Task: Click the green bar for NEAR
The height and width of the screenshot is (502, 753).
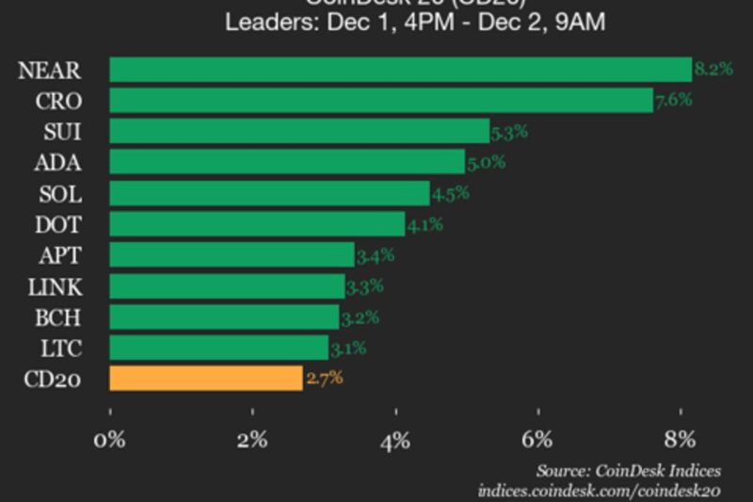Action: (x=400, y=70)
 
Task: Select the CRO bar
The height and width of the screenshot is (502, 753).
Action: (x=381, y=101)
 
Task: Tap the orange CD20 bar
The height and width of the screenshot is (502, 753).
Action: (x=206, y=379)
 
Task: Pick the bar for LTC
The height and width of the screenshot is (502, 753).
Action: (x=219, y=348)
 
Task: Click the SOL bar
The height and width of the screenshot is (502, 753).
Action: (x=269, y=194)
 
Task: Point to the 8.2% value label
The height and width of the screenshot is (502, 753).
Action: (x=713, y=69)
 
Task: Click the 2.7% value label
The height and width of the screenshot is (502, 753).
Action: (x=324, y=379)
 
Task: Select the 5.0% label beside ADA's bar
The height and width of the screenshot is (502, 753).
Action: (x=486, y=162)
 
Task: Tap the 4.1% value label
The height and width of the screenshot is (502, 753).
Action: (x=425, y=224)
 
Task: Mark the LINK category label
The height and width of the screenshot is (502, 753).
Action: (x=56, y=286)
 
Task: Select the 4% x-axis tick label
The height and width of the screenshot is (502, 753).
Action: (x=395, y=439)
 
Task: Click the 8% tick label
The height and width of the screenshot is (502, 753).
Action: (x=680, y=439)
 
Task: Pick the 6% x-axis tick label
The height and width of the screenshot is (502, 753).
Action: (x=537, y=439)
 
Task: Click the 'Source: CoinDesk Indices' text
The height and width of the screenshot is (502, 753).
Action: (x=629, y=470)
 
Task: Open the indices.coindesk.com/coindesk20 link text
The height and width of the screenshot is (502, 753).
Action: (x=600, y=490)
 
